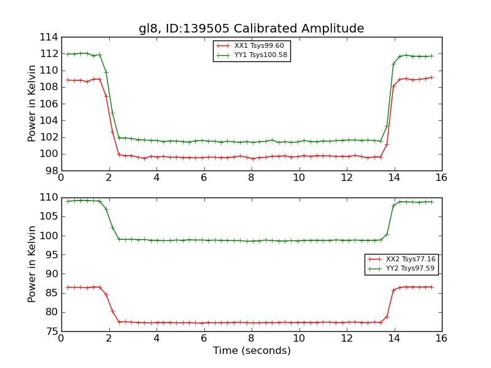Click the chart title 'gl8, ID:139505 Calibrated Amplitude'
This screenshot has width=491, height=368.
tap(251, 29)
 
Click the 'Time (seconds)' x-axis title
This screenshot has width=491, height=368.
tap(252, 351)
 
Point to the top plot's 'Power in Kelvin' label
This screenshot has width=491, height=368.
tap(33, 104)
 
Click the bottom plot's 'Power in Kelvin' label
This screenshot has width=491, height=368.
tap(33, 264)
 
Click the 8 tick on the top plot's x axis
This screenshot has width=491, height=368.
tap(252, 178)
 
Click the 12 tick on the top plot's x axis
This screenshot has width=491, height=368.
tap(346, 178)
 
